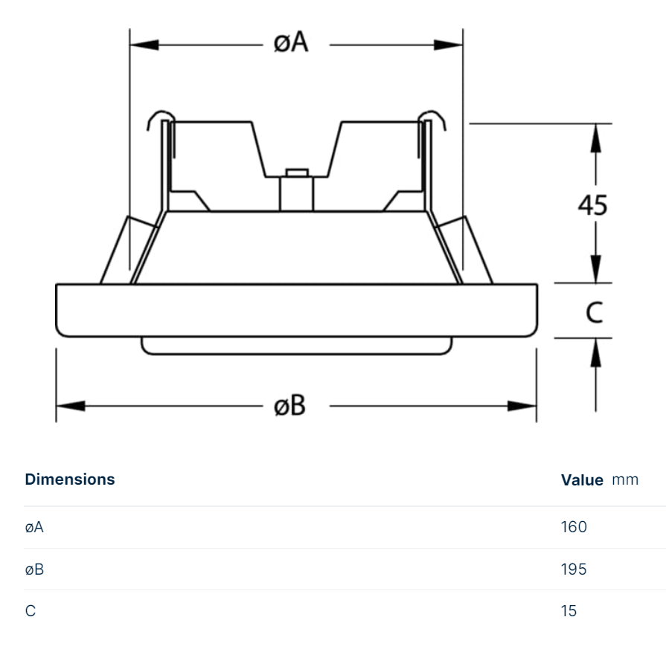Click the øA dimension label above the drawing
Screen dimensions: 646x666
291,43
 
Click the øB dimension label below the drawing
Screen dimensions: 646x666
290,406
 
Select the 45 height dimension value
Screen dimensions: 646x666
593,204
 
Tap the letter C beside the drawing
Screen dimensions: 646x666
594,313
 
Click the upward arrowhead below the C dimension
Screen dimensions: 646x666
595,352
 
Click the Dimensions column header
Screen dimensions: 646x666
70,479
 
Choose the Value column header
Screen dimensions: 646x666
581,480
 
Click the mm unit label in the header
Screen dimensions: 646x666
625,479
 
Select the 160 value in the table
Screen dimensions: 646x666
574,527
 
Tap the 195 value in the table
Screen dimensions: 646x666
574,569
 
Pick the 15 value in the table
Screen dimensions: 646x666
569,611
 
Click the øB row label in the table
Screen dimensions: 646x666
35,569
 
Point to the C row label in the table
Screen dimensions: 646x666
30,611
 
